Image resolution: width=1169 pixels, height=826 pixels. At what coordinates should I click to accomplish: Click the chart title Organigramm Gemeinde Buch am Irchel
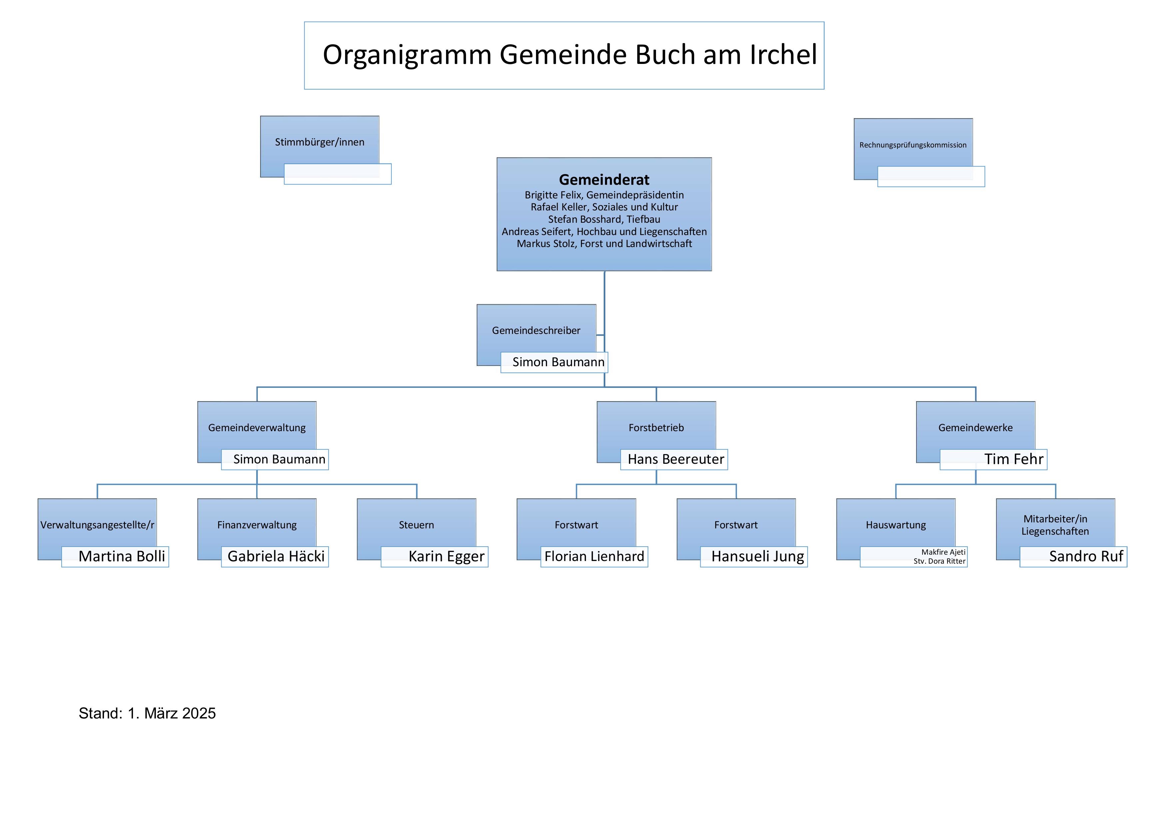tap(569, 55)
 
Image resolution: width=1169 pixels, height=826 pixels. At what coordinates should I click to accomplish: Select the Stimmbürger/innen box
tap(320, 142)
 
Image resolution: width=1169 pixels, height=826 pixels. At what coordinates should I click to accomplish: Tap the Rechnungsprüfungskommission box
tap(912, 145)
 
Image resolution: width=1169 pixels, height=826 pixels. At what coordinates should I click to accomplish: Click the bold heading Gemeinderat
tap(604, 180)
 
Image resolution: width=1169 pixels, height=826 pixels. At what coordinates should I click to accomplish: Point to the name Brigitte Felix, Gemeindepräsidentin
tap(604, 195)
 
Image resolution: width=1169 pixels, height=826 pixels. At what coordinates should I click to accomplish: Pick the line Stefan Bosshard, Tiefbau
tap(604, 219)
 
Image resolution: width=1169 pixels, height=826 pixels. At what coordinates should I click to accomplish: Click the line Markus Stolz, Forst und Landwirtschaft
tap(604, 244)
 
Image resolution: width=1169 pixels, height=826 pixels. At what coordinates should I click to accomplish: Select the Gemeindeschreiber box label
tap(536, 330)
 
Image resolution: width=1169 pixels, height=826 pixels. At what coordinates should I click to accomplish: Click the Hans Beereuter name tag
tap(675, 459)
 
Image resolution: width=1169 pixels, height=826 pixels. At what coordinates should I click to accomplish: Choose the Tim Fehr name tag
tap(1013, 459)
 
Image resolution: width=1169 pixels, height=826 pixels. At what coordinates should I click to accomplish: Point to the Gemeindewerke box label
tap(975, 427)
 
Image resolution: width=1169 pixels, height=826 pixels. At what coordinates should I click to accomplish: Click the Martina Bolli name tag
tap(122, 556)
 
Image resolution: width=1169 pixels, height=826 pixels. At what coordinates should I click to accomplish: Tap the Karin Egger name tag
tap(446, 556)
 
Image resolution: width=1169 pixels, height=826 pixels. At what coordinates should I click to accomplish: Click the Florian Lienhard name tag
tap(594, 556)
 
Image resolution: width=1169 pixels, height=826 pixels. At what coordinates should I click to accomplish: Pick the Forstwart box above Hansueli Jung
tap(736, 525)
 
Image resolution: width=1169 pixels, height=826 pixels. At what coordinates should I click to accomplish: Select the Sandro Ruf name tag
tap(1085, 556)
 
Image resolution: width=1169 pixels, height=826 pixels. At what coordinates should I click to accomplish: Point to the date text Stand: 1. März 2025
tap(147, 713)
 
